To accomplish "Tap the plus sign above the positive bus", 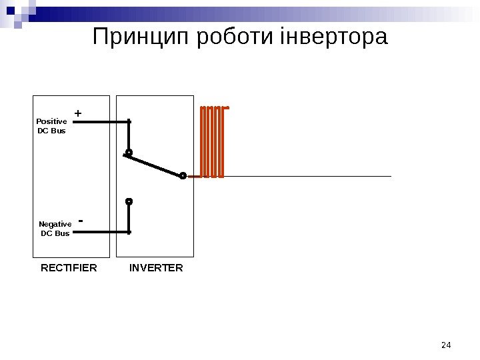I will click(x=78, y=114).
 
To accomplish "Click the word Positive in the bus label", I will click(x=51, y=121).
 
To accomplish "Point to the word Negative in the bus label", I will click(x=55, y=224).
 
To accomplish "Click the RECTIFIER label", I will click(x=69, y=268).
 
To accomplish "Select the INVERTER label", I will click(x=156, y=268).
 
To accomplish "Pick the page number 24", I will click(x=447, y=345).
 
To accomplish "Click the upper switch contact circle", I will click(x=129, y=153).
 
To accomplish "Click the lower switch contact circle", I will click(x=129, y=201).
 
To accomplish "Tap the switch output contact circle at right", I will click(x=183, y=176).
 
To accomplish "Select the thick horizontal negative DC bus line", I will click(x=100, y=232).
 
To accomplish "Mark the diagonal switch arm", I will click(x=155, y=164).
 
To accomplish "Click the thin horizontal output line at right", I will click(x=307, y=177).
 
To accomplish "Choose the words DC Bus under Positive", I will click(x=51, y=131).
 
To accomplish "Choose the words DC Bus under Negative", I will click(x=55, y=233).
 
